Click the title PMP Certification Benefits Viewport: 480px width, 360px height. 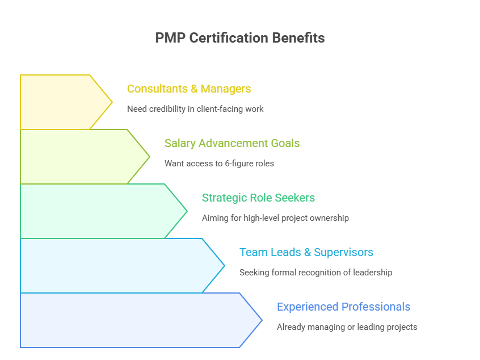pos(239,38)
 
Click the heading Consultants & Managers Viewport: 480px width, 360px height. pos(188,89)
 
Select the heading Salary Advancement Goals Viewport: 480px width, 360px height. pos(231,144)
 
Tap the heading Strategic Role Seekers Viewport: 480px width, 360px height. pos(258,198)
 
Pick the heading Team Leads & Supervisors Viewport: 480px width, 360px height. pos(306,253)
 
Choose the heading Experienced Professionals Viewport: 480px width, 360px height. pos(343,307)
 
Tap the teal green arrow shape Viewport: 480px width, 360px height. pos(96,211)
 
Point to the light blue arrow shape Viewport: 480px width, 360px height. pos(113,266)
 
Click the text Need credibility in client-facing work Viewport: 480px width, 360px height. pos(195,109)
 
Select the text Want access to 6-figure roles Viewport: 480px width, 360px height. pos(219,164)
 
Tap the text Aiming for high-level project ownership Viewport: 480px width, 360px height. pos(275,218)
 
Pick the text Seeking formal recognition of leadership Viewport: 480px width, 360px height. pos(315,273)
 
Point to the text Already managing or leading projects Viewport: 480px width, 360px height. pos(347,327)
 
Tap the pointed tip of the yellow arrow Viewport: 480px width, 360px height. pos(111,102)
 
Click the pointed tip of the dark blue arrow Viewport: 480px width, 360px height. pos(260,320)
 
